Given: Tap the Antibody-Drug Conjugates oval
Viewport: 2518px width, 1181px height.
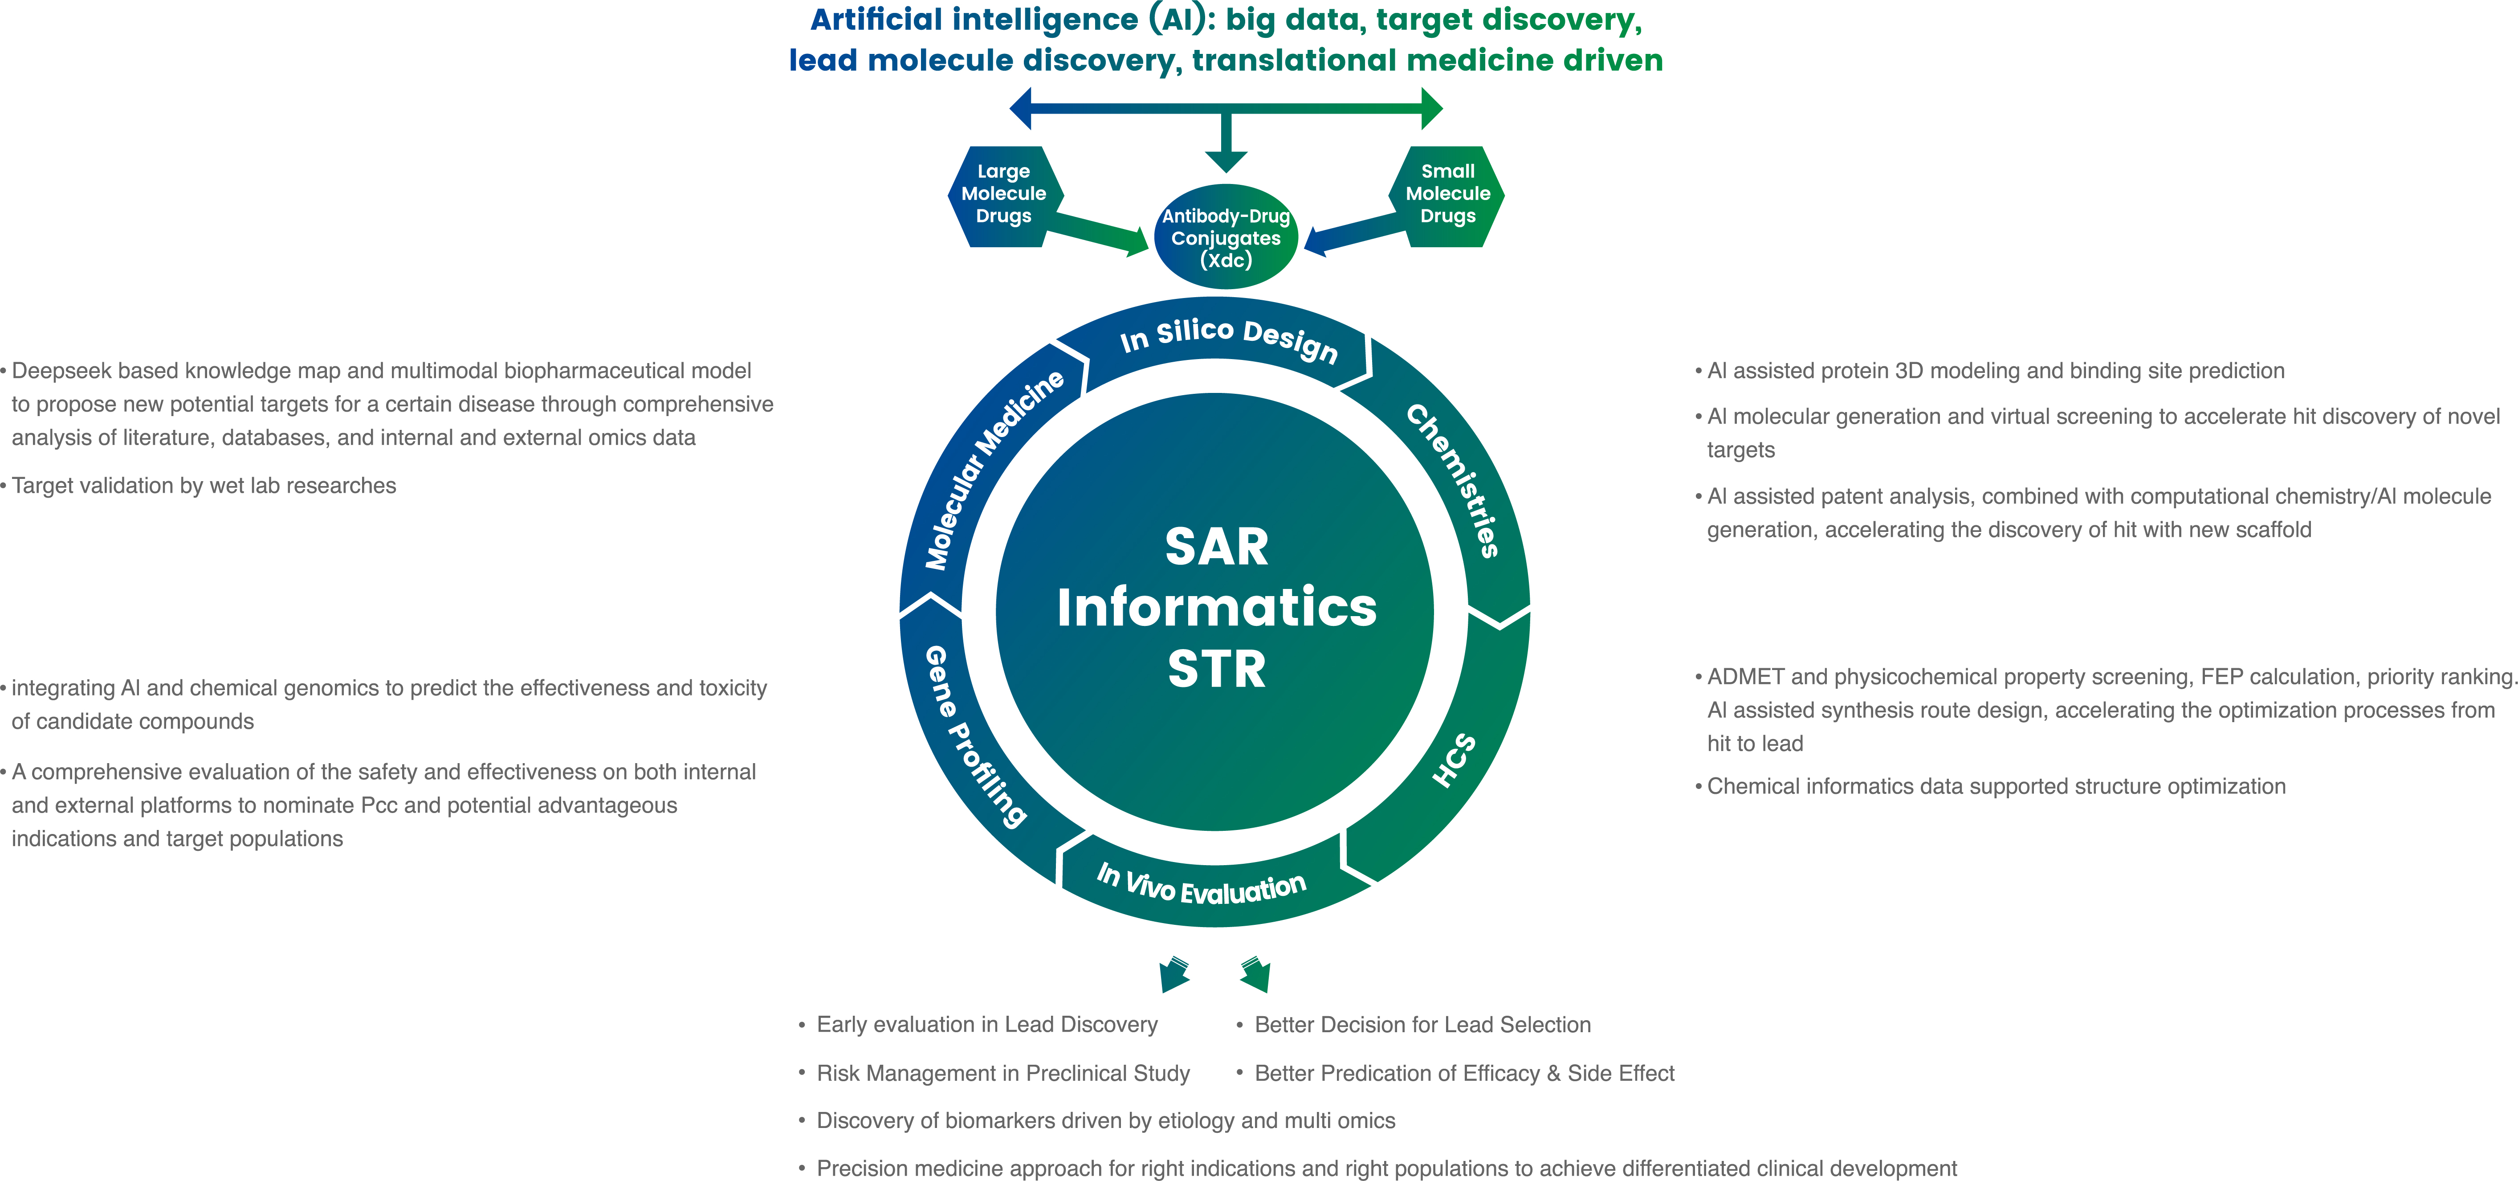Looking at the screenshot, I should (1226, 237).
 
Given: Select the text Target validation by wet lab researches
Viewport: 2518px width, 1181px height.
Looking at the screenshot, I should (204, 486).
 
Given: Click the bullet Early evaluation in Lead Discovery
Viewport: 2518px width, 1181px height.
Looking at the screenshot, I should (986, 1025).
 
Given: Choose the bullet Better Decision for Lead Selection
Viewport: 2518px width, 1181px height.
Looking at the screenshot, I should (1422, 1025).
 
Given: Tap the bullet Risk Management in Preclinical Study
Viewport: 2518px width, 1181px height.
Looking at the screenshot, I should (1003, 1074).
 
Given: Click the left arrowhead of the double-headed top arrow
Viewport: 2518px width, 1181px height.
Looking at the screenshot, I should (1022, 109).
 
